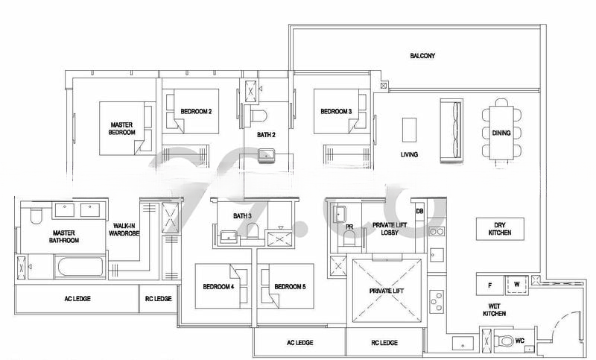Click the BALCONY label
[x=422, y=56]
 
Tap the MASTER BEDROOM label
[x=122, y=129]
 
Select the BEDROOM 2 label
[x=196, y=112]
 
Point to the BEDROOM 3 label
[x=335, y=112]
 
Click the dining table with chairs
[x=501, y=133]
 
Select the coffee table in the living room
[x=409, y=130]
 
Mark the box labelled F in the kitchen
[x=490, y=284]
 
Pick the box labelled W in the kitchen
[x=516, y=284]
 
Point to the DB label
[x=419, y=211]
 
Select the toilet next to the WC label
[x=507, y=342]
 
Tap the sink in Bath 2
[x=267, y=156]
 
